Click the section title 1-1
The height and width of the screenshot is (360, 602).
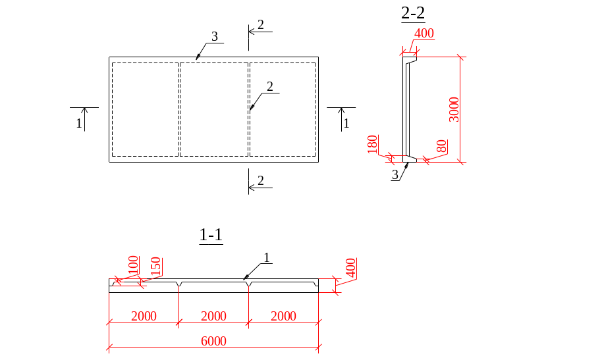(x=211, y=234)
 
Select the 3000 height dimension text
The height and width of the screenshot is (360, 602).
(x=452, y=109)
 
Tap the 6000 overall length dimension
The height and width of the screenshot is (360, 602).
(x=214, y=341)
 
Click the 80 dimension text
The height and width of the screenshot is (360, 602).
(x=442, y=147)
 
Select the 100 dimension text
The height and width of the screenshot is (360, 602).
(x=133, y=264)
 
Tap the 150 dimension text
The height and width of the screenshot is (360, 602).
(x=156, y=267)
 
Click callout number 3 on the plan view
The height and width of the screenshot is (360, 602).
(x=213, y=36)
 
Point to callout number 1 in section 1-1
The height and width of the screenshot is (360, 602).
(x=267, y=257)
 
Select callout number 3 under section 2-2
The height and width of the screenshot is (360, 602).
(x=395, y=174)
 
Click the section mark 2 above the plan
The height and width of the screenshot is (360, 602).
(x=261, y=24)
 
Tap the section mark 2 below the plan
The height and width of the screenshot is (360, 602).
(x=261, y=180)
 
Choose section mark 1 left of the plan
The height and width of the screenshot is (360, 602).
(x=79, y=122)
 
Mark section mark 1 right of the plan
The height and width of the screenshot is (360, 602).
(x=346, y=122)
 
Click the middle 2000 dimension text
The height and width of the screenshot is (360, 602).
(x=213, y=317)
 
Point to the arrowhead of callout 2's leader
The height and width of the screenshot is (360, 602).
(x=250, y=109)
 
